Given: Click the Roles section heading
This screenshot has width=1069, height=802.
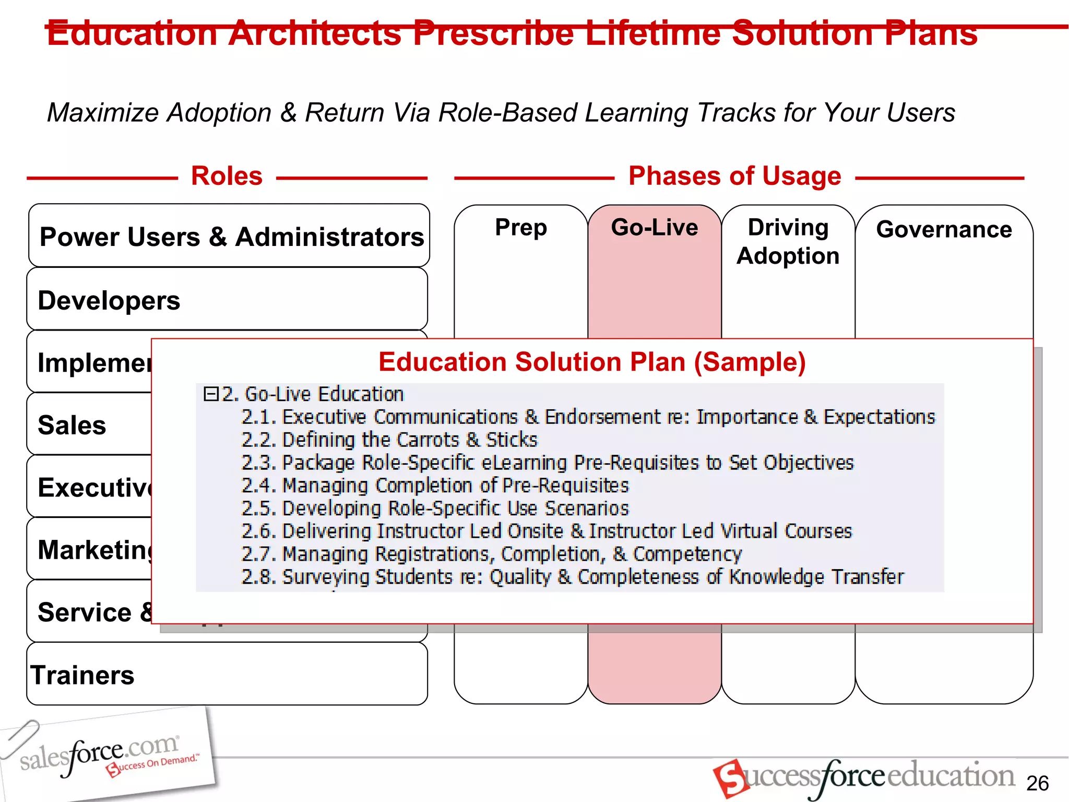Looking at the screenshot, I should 227,176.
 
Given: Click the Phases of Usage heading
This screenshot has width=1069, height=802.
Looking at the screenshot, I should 734,176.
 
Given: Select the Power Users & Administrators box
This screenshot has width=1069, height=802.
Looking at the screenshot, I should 230,237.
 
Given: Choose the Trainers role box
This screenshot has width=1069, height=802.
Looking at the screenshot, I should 227,675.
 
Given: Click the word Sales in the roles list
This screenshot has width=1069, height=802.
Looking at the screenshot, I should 72,425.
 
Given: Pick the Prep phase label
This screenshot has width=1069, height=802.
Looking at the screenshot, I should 521,227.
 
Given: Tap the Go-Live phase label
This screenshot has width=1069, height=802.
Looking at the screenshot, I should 655,227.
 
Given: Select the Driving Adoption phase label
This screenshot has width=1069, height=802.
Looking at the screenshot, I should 788,241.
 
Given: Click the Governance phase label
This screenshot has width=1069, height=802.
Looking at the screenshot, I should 944,230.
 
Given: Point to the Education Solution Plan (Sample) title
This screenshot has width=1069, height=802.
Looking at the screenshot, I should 592,362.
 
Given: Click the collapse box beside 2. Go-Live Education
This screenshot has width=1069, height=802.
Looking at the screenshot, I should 210,394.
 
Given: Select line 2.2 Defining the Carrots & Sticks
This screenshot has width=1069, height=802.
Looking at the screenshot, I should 389,440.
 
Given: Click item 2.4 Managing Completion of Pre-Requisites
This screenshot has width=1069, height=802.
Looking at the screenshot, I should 435,486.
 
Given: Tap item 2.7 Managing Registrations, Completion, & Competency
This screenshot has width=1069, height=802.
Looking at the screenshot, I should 491,554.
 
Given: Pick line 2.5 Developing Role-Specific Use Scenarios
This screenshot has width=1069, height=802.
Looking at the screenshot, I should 435,508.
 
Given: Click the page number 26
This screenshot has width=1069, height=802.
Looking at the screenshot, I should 1037,783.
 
